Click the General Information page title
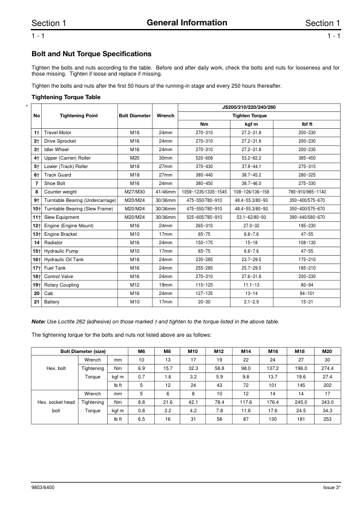(186, 23)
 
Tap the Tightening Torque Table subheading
(65, 97)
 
